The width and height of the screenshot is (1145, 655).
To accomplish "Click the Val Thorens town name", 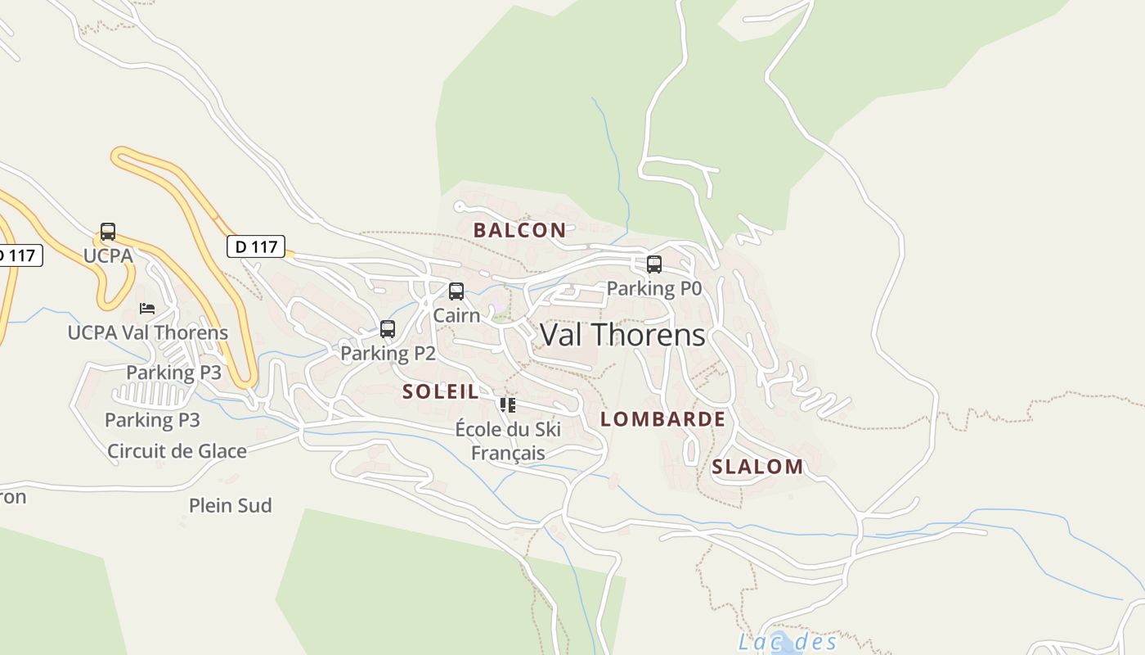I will (622, 335).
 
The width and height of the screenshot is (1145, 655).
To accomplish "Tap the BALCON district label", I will (519, 230).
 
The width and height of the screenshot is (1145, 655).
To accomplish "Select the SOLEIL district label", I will (440, 391).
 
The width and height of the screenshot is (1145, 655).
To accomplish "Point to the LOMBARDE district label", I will (662, 419).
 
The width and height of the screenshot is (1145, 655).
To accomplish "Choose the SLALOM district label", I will (757, 467).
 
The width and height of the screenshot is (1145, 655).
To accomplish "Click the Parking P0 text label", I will (653, 288).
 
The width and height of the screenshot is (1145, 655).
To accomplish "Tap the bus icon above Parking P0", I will (653, 264).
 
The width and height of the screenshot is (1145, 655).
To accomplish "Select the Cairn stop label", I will (456, 315).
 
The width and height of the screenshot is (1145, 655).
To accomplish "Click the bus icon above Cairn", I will (456, 291).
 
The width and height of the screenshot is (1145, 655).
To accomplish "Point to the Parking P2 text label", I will (388, 353).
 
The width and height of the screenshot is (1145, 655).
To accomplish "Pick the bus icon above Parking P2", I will (388, 329).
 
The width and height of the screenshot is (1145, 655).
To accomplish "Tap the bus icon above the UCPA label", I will (108, 232).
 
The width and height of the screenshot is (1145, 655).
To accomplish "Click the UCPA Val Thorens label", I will (147, 332).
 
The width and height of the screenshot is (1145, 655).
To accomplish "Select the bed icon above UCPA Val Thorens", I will (147, 309).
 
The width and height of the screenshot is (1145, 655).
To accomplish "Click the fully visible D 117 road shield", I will (256, 246).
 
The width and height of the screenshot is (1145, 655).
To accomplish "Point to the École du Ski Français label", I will (508, 440).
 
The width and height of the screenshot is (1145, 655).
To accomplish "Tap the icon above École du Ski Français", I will (508, 404).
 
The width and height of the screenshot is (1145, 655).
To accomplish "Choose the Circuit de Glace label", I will (177, 450).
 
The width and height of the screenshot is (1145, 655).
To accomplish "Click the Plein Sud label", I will (230, 505).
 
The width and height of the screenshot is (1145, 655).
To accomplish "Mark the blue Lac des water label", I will (787, 642).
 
